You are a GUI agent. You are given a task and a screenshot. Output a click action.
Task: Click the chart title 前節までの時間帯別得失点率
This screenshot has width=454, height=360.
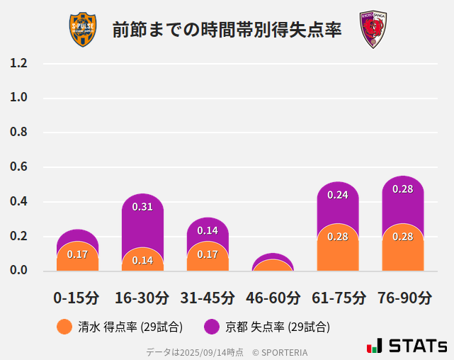pyautogui.click(x=227, y=30)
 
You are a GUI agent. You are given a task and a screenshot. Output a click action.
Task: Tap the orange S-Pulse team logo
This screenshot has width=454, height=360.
pyautogui.click(x=82, y=30)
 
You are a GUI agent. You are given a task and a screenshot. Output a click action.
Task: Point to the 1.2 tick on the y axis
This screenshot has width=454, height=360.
pyautogui.click(x=18, y=63)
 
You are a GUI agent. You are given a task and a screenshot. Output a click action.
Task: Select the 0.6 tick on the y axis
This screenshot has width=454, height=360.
pyautogui.click(x=18, y=167)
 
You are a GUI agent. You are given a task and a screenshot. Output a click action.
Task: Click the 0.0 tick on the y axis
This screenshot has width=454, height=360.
pyautogui.click(x=18, y=270)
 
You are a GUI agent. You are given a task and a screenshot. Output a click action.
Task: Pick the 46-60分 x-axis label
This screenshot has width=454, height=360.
pyautogui.click(x=273, y=298)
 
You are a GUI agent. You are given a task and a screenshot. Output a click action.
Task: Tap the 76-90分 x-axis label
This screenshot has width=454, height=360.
pyautogui.click(x=404, y=298)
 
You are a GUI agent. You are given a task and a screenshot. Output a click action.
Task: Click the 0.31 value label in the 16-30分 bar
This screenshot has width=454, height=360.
pyautogui.click(x=142, y=207)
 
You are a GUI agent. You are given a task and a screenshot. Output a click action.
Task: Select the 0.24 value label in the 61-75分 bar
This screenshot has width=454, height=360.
pyautogui.click(x=338, y=195)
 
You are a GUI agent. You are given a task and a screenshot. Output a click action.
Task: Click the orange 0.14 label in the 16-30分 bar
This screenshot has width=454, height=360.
pyautogui.click(x=142, y=260)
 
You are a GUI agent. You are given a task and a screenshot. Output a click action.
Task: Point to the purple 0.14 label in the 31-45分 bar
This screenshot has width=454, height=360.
pyautogui.click(x=208, y=230)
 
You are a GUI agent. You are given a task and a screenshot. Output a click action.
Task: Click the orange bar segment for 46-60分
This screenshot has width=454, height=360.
pyautogui.click(x=273, y=266)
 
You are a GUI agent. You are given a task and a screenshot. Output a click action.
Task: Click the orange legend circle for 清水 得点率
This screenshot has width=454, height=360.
pyautogui.click(x=64, y=327)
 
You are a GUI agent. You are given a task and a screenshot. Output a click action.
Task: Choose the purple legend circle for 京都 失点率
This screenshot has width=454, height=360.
pyautogui.click(x=212, y=327)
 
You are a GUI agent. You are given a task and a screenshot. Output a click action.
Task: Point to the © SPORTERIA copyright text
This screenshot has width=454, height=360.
pyautogui.click(x=280, y=352)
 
